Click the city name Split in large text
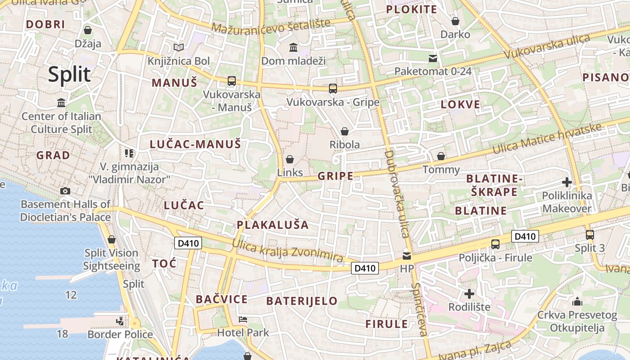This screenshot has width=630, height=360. [x=69, y=74]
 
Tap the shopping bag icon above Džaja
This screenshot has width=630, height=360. [x=88, y=30]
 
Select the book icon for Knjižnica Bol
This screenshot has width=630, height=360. [x=179, y=47]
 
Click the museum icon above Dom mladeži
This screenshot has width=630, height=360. [x=293, y=47]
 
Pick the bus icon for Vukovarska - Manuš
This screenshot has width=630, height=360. [x=232, y=81]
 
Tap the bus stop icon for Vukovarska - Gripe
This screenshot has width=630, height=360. [x=333, y=89]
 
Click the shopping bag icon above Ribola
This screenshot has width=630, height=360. [x=345, y=131]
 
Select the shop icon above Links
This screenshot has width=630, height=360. [x=290, y=159]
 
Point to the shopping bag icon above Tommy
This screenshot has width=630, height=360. [x=441, y=156]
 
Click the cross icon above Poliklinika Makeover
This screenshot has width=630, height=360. [x=567, y=182]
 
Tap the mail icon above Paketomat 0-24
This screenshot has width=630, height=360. [x=433, y=58]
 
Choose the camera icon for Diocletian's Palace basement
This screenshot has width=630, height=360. [x=65, y=191]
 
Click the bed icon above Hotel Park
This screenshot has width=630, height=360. [x=243, y=319]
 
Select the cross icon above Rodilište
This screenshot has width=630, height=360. [x=469, y=294]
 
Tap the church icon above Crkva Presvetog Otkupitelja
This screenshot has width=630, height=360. [x=577, y=301]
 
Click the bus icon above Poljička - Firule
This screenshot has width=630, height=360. [x=495, y=244]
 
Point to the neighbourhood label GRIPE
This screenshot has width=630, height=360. [x=336, y=176]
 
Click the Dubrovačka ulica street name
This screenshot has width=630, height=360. [x=396, y=193]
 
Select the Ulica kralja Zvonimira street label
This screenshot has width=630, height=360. [x=288, y=251]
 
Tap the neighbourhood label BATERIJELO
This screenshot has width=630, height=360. [x=302, y=301]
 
